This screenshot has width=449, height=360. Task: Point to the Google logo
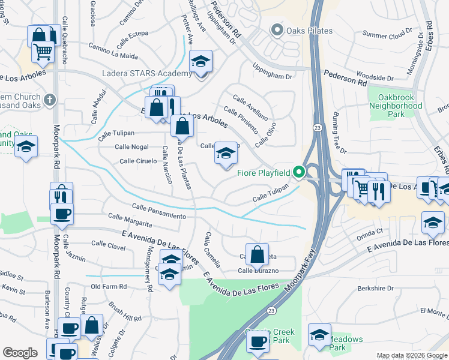20,353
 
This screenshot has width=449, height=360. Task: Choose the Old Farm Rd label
108,287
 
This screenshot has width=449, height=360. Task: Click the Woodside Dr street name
374,78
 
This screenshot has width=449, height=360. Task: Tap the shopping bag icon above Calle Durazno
257,253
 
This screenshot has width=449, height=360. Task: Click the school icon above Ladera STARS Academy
201,61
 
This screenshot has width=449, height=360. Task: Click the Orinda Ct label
370,231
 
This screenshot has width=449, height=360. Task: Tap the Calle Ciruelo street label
138,161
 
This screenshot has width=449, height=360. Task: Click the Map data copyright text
412,355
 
